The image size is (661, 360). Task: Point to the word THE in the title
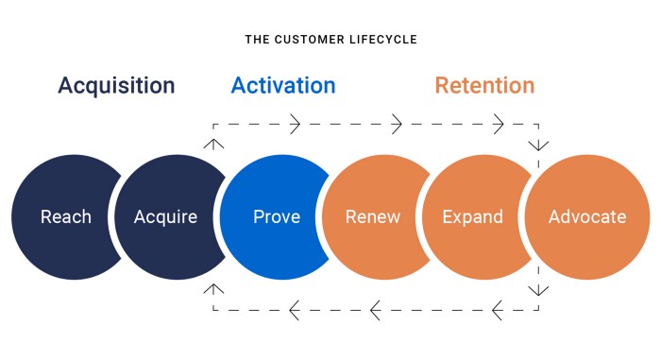[257, 40]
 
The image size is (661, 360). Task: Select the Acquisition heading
[116, 86]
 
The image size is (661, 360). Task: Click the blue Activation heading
[283, 86]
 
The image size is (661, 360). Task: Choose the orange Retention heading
[484, 86]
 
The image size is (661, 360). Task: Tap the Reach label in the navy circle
[66, 217]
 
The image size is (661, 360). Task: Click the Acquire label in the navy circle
[166, 217]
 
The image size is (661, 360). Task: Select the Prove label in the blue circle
[277, 217]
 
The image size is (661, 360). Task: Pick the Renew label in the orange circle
[373, 217]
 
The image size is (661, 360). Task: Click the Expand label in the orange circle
[473, 217]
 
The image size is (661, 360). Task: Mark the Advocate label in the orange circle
[587, 217]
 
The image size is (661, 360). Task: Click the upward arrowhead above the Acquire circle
[214, 143]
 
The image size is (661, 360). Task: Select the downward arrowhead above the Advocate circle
[539, 145]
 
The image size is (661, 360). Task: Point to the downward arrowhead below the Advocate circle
[539, 289]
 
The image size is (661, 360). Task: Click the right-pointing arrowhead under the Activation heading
[295, 124]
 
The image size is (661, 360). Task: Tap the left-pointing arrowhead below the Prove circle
[294, 309]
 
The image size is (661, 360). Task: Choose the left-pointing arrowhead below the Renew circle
[374, 309]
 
